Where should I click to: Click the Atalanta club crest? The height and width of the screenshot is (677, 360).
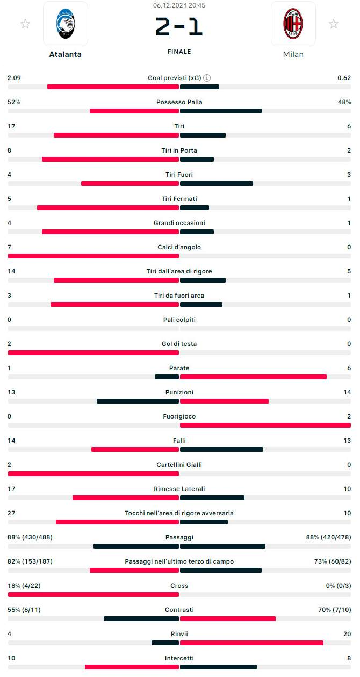[x=65, y=24]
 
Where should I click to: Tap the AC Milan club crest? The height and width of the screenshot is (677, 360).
[x=293, y=24]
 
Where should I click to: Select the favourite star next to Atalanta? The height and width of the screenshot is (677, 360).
[x=25, y=24]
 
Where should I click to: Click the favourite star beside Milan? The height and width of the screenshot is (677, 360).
[x=334, y=24]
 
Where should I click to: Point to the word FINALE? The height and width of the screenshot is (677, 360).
[x=179, y=52]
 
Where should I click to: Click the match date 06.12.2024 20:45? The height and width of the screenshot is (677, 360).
[x=179, y=5]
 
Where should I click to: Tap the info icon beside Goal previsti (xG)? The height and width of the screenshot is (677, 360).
[x=207, y=78]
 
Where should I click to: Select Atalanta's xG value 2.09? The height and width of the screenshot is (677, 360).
[x=14, y=78]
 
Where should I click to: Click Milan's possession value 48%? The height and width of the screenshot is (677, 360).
[x=344, y=102]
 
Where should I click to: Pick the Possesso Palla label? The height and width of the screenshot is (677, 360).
[x=179, y=102]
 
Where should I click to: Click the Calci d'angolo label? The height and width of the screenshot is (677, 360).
[x=179, y=247]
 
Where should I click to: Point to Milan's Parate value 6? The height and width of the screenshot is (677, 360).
[x=349, y=368]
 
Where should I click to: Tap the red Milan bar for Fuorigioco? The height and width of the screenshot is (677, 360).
[x=265, y=426]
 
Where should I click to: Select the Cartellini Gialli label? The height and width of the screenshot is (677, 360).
[x=179, y=465]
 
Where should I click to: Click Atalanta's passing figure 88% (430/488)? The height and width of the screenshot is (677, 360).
[x=30, y=537]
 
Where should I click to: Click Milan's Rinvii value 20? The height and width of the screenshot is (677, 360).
[x=347, y=634]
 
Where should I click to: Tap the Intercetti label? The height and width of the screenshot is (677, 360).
[x=179, y=658]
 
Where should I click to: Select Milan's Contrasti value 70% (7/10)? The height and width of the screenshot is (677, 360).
[x=335, y=610]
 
